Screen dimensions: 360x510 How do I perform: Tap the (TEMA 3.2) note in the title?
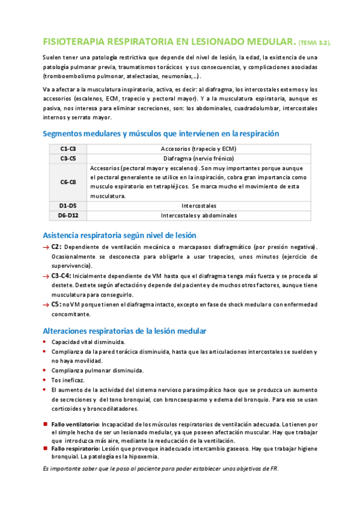pyautogui.click(x=314, y=43)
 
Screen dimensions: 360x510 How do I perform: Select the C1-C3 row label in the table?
pyautogui.click(x=68, y=149)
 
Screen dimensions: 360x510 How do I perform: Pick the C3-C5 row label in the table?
pyautogui.click(x=68, y=158)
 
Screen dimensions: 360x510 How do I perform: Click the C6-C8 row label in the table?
pyautogui.click(x=68, y=182)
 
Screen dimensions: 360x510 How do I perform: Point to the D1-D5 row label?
pyautogui.click(x=68, y=205)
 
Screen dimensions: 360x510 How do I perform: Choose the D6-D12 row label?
pyautogui.click(x=68, y=215)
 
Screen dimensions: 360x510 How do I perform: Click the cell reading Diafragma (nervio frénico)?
pyautogui.click(x=198, y=158)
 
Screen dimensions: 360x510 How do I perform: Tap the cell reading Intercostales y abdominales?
pyautogui.click(x=198, y=215)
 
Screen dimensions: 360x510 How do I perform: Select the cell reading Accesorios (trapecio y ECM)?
pyautogui.click(x=198, y=149)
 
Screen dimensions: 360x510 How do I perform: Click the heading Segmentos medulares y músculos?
pyautogui.click(x=160, y=134)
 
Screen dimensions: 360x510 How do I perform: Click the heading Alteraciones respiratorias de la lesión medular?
pyautogui.click(x=124, y=331)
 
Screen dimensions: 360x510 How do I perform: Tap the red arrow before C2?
pyautogui.click(x=46, y=247)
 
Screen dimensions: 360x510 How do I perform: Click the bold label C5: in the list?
pyautogui.click(x=56, y=304)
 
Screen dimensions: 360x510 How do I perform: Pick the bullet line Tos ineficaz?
pyautogui.click(x=68, y=380)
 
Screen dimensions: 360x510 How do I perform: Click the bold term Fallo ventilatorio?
pyautogui.click(x=75, y=424)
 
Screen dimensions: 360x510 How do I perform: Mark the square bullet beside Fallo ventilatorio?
pyautogui.click(x=45, y=423)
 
